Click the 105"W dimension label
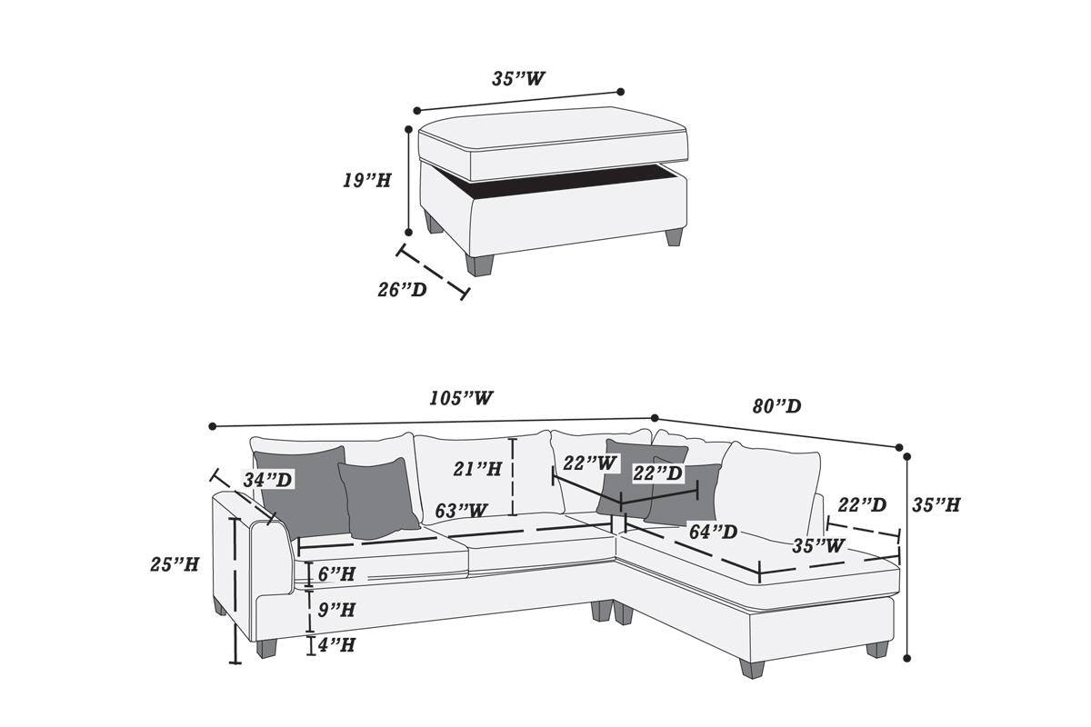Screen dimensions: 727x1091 [461, 398]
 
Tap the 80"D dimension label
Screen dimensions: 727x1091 [776, 405]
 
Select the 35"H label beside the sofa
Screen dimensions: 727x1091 [936, 504]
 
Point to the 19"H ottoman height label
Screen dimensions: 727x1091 [366, 180]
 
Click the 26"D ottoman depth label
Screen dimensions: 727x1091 [402, 290]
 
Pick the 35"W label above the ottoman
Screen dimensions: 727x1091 [518, 78]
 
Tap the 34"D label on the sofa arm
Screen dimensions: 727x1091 [267, 479]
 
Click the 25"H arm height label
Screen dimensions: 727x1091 [175, 563]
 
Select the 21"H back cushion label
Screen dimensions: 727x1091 [478, 469]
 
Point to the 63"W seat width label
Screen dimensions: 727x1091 [461, 511]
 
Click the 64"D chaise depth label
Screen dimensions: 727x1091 [712, 530]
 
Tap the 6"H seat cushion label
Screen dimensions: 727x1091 [336, 573]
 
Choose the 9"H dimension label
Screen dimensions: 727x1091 [336, 609]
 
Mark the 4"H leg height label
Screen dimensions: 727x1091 [336, 644]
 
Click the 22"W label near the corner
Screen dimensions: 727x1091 [588, 463]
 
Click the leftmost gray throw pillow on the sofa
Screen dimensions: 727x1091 [303, 492]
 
